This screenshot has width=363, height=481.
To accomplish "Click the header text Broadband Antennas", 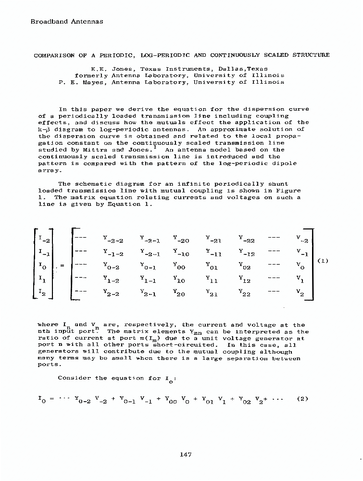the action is click(67, 21).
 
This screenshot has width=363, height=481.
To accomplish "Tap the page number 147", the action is click(186, 454).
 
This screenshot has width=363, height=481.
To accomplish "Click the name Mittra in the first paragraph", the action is click(87, 150).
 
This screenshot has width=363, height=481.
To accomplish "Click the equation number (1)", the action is click(324, 261).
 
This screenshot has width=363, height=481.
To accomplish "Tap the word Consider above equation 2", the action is click(75, 378).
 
